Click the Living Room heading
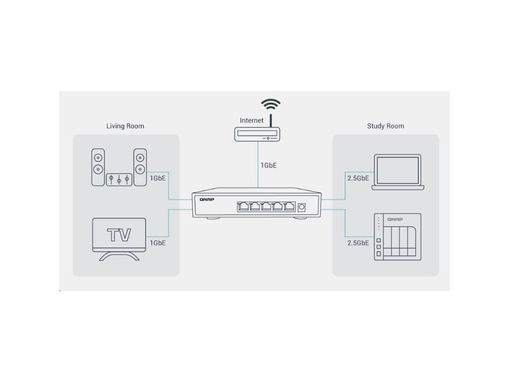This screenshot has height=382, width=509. point(125,126)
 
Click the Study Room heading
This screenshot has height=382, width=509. point(385,126)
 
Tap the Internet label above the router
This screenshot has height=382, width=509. point(252,120)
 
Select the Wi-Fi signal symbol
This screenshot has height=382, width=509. point(271,106)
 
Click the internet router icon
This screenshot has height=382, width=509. point(257,134)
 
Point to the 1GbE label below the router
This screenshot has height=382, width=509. point(268,165)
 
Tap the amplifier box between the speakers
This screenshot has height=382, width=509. point(119,179)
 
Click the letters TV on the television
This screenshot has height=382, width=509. point(120,234)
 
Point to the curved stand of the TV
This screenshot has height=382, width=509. point(119,256)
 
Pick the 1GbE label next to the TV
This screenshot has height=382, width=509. point(158,243)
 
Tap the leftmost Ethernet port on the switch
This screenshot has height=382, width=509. point(244,206)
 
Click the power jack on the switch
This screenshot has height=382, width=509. point(301,206)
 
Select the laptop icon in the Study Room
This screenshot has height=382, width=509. point(398,172)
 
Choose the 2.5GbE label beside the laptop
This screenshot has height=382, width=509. point(358,178)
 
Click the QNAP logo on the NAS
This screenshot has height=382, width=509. point(395,219)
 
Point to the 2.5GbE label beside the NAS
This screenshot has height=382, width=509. point(358,243)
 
